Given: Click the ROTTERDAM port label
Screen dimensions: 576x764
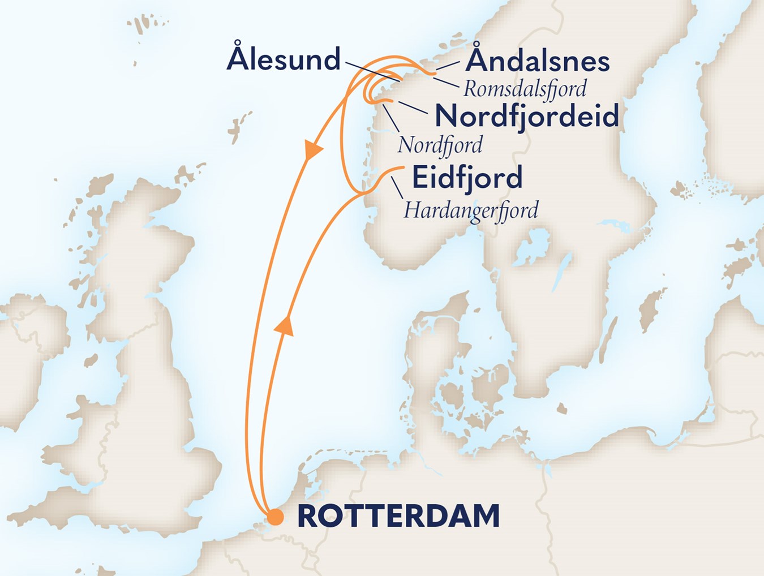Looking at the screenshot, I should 398,516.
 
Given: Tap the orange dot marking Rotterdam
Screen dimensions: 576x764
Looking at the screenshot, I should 276,517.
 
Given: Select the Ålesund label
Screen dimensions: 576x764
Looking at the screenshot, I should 284,59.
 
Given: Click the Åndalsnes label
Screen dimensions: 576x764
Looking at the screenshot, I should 537,61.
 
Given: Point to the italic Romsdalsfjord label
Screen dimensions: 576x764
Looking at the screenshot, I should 525,89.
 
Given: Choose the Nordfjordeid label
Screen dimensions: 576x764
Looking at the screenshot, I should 526,116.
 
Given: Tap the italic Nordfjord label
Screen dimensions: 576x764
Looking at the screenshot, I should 440,145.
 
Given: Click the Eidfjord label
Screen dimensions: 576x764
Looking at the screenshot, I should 467,178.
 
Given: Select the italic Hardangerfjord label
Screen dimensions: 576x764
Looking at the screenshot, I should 470,210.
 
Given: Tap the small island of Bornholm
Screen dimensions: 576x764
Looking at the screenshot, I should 561,408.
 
